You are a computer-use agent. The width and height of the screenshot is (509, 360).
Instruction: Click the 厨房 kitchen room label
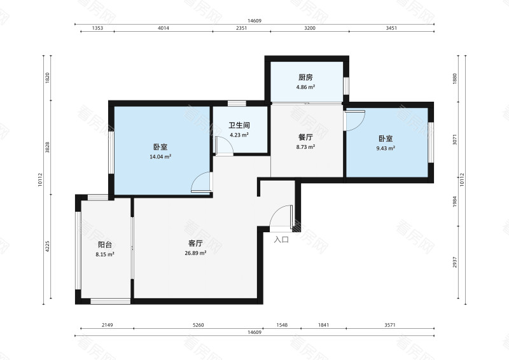click(x=305, y=77)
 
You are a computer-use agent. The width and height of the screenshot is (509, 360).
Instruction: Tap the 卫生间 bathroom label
click(x=239, y=125)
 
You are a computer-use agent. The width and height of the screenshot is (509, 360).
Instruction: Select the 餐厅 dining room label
click(x=305, y=137)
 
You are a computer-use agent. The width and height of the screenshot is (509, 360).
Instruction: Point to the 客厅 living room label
click(x=195, y=244)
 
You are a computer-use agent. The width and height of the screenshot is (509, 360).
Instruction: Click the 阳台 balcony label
click(x=105, y=245)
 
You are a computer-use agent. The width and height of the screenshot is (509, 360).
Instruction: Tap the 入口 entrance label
click(x=281, y=240)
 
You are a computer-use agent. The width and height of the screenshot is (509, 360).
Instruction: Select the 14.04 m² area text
click(x=160, y=157)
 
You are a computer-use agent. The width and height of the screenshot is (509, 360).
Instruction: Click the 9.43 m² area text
click(x=386, y=148)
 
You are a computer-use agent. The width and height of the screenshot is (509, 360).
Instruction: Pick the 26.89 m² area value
click(x=195, y=253)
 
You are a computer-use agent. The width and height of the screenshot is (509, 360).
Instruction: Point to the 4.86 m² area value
click(x=305, y=87)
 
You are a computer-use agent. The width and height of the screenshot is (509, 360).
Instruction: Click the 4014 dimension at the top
click(x=164, y=28)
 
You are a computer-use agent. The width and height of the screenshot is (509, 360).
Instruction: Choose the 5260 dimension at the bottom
click(x=199, y=324)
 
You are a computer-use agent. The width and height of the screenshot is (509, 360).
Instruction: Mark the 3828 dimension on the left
click(x=47, y=148)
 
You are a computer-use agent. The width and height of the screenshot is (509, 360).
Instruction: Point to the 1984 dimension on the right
click(x=455, y=202)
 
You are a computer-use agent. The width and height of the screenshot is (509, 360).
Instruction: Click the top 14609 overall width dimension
click(x=254, y=21)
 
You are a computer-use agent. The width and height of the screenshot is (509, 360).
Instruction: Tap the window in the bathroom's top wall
click(x=237, y=104)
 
